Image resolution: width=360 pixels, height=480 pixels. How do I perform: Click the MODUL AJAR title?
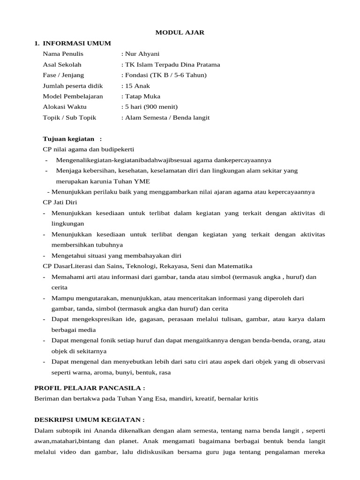[x=180, y=32]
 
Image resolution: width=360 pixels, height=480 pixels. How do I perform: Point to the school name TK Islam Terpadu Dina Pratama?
[x=172, y=65]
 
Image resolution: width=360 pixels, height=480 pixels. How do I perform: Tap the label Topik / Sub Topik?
[x=69, y=118]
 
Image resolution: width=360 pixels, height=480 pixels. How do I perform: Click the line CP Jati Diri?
[x=60, y=202]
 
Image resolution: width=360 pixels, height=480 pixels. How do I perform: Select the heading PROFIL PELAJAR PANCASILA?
[x=90, y=388]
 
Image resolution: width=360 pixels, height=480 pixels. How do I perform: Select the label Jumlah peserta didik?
[x=73, y=86]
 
